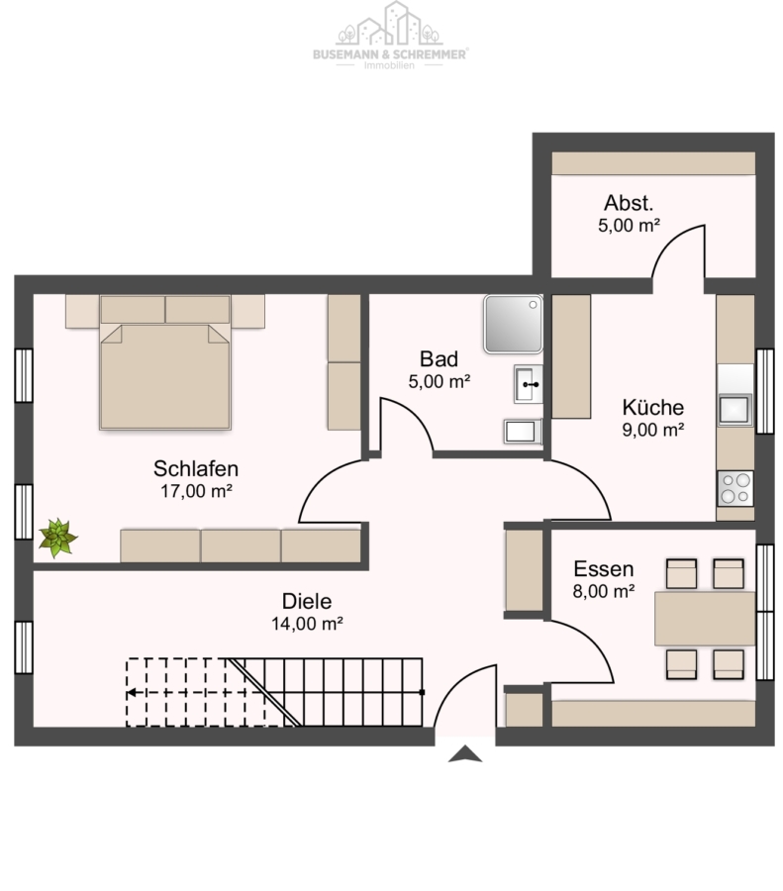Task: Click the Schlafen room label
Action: pyautogui.click(x=196, y=469)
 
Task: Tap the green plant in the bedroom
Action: pyautogui.click(x=57, y=537)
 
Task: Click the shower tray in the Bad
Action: pyautogui.click(x=513, y=324)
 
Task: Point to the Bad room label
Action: pyautogui.click(x=440, y=359)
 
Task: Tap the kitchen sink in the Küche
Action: pyautogui.click(x=735, y=409)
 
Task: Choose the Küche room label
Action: pyautogui.click(x=653, y=408)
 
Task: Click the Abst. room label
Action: pyautogui.click(x=629, y=203)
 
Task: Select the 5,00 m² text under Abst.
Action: pyautogui.click(x=629, y=226)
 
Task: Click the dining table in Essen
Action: pyautogui.click(x=705, y=618)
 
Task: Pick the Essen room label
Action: pyautogui.click(x=604, y=569)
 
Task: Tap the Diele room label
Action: pyautogui.click(x=307, y=601)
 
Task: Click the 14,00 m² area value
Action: pyautogui.click(x=307, y=624)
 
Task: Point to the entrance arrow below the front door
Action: pyautogui.click(x=465, y=753)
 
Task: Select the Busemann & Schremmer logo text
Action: pyautogui.click(x=390, y=54)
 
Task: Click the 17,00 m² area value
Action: pyautogui.click(x=196, y=491)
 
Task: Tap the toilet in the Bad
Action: pyautogui.click(x=523, y=432)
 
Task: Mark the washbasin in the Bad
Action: pyautogui.click(x=529, y=384)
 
